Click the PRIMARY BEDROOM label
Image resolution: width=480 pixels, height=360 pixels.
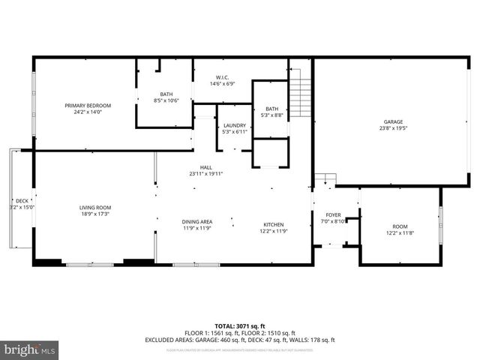(x=88, y=106)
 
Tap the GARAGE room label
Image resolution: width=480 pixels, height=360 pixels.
(x=394, y=121)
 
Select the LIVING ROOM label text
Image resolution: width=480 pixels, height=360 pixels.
(x=95, y=208)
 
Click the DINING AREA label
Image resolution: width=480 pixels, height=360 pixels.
(x=197, y=221)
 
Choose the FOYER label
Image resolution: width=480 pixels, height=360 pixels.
(x=333, y=215)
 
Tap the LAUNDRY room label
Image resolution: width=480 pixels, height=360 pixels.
(x=234, y=125)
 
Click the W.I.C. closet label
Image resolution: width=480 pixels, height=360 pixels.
(x=222, y=77)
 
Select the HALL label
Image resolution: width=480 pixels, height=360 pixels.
(x=205, y=167)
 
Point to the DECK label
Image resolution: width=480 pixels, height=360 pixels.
(x=22, y=201)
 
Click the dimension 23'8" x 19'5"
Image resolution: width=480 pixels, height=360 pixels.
(x=394, y=128)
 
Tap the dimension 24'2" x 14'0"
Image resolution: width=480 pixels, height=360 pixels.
(x=88, y=112)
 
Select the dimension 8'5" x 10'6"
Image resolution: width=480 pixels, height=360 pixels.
(x=166, y=100)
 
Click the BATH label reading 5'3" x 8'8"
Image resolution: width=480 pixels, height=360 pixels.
(x=271, y=109)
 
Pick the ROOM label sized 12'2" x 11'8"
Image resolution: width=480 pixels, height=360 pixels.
(x=400, y=226)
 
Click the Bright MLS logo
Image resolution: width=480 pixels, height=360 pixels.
(x=30, y=349)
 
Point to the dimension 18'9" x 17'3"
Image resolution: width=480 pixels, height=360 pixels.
(x=95, y=214)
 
